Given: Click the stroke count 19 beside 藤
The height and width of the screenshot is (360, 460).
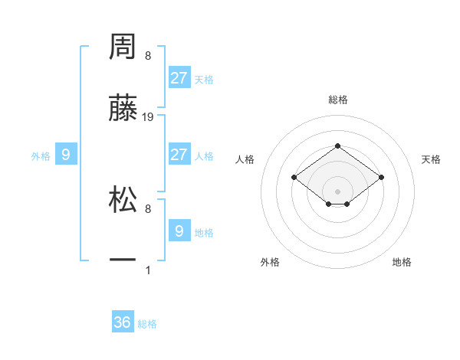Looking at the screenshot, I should pyautogui.click(x=148, y=117).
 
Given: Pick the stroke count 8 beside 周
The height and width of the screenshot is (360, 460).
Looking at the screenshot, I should pyautogui.click(x=148, y=56).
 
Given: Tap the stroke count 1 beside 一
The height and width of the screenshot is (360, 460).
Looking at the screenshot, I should pyautogui.click(x=148, y=270).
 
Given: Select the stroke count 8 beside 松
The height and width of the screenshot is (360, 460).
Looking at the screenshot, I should pyautogui.click(x=148, y=208).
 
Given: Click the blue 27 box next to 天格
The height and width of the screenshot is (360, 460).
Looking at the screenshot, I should pyautogui.click(x=179, y=78).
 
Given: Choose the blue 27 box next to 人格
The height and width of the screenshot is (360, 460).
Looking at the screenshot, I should pyautogui.click(x=179, y=155).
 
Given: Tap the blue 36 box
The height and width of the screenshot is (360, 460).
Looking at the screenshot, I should pyautogui.click(x=123, y=322).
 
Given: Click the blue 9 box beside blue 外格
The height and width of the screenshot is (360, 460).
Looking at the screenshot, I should pyautogui.click(x=66, y=155).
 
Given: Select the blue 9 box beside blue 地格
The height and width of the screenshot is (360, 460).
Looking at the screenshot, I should pyautogui.click(x=179, y=231).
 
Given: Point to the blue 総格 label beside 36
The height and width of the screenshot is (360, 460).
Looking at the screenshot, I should pyautogui.click(x=147, y=324).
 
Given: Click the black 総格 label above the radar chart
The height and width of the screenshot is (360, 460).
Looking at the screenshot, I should pyautogui.click(x=338, y=100).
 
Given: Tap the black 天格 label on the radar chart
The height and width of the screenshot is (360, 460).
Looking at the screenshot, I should pyautogui.click(x=431, y=159).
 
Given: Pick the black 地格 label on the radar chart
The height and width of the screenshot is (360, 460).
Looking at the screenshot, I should pyautogui.click(x=402, y=262).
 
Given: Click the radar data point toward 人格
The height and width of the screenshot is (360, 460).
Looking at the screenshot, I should pyautogui.click(x=294, y=177).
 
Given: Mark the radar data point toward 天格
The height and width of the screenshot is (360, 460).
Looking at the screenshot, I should pyautogui.click(x=381, y=177).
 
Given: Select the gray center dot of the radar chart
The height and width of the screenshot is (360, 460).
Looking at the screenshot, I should pyautogui.click(x=338, y=191).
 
